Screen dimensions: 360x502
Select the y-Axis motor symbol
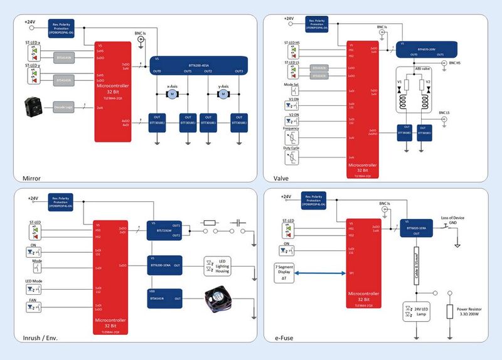point(222,94)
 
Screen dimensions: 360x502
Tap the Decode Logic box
point(63,107)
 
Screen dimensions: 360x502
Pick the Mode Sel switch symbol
point(291,92)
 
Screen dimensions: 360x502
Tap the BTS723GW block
point(164,230)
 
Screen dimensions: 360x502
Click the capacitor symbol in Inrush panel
point(238,222)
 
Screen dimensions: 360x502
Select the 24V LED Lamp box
point(415,311)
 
